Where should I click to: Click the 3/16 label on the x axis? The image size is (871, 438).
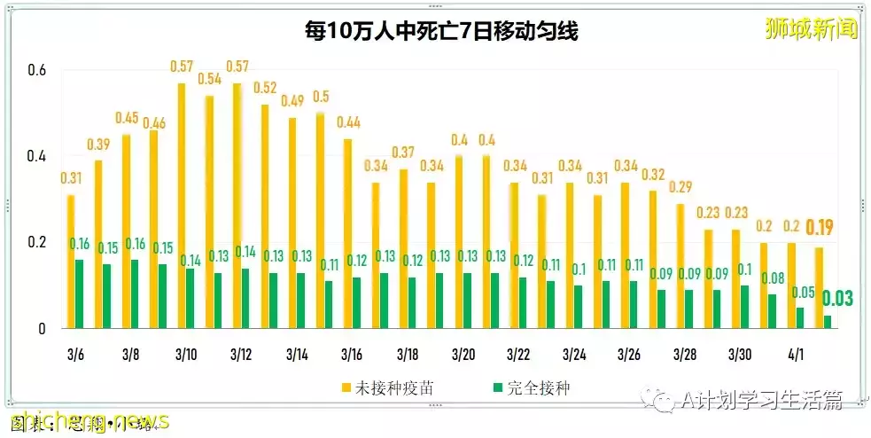pyautogui.click(x=351, y=355)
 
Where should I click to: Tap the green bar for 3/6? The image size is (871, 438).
pyautogui.click(x=80, y=293)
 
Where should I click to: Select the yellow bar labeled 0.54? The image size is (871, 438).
pyautogui.click(x=209, y=212)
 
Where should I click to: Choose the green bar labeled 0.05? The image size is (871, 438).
pyautogui.click(x=800, y=317)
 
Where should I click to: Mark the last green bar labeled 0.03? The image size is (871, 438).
pyautogui.click(x=828, y=322)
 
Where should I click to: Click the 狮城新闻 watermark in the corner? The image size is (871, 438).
pyautogui.click(x=811, y=29)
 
